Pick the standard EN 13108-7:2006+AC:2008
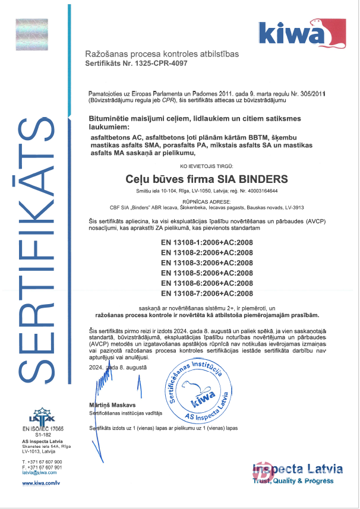[207, 293]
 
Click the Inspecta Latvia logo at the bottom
[297, 472]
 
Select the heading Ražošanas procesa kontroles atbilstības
[162, 54]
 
